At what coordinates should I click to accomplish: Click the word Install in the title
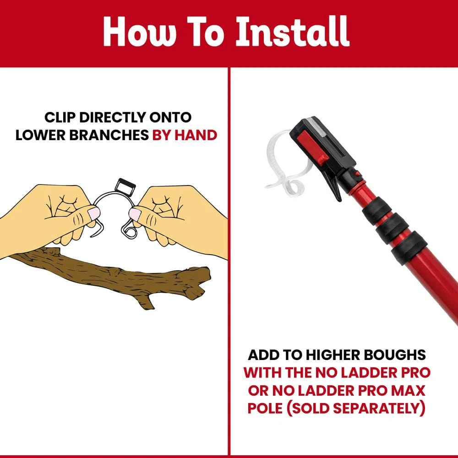pos(293,31)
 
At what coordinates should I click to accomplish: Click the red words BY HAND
pos(185,135)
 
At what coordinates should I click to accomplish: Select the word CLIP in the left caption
pos(60,117)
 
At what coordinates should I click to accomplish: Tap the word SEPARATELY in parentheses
pos(381,408)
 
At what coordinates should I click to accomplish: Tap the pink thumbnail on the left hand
pos(94,213)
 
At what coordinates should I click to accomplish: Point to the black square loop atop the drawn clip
pos(125,186)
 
